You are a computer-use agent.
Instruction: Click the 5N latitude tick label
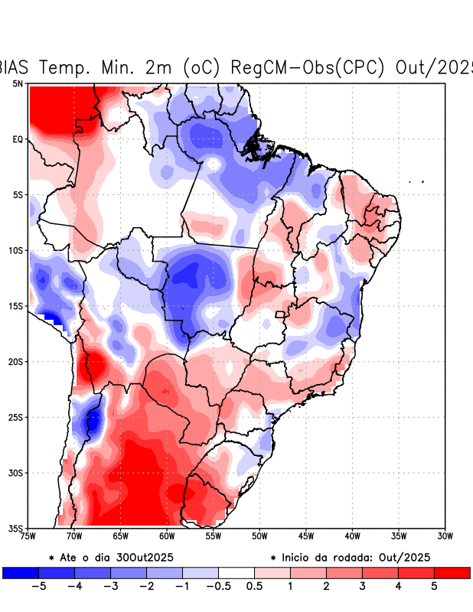tap(18, 83)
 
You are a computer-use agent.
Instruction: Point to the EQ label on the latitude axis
tap(18, 139)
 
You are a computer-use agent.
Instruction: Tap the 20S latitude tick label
tap(15, 362)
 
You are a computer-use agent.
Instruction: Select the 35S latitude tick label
tap(15, 529)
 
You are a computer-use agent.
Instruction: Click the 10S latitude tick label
tap(15, 250)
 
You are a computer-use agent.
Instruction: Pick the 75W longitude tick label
tap(28, 535)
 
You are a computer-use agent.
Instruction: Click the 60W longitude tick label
tap(167, 535)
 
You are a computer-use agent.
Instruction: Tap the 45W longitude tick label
tap(305, 535)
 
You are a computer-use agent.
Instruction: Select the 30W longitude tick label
tap(445, 535)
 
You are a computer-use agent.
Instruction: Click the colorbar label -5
tap(38, 587)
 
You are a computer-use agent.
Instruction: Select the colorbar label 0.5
tap(254, 587)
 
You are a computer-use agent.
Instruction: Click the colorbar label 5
tap(434, 587)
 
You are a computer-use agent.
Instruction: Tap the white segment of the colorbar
tap(236, 572)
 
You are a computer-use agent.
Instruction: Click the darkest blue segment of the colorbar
tap(21, 572)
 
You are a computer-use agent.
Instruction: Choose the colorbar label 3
tap(362, 587)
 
